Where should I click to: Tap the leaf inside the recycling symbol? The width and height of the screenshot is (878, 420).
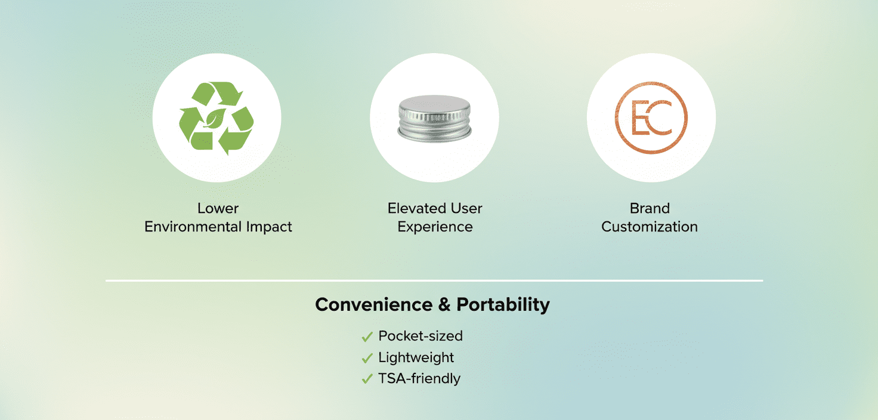[214, 118]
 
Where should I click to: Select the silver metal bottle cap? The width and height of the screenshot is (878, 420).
[434, 118]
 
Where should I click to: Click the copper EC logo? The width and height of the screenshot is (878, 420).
[651, 118]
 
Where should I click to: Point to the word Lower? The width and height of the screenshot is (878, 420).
[218, 208]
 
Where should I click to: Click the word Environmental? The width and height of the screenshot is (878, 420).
[193, 227]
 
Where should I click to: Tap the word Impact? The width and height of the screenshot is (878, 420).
[269, 227]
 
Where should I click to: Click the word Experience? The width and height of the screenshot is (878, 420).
[435, 227]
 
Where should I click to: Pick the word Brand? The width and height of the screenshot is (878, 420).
[650, 208]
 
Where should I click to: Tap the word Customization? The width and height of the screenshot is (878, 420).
[650, 227]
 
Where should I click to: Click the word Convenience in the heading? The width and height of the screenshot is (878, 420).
[373, 304]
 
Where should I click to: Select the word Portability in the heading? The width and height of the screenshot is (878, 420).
[503, 305]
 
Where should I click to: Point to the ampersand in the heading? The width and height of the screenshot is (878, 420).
[444, 304]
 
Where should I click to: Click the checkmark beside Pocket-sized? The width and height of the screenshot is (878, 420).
[367, 336]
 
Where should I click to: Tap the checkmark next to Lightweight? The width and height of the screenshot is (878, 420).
[367, 358]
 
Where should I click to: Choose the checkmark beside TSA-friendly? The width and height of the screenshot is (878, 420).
[367, 379]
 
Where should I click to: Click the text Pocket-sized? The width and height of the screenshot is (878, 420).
[420, 336]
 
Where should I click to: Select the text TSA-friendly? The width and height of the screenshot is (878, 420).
[419, 379]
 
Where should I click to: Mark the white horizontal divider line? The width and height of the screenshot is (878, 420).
[434, 281]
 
